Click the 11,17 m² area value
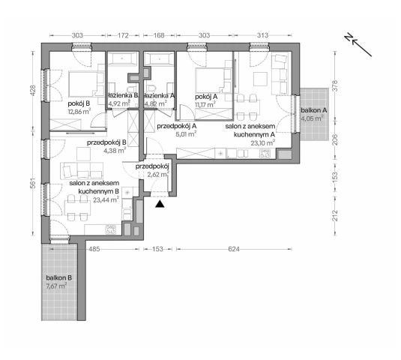tap(204, 105)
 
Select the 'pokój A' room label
tap(205, 96)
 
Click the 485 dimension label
tap(95, 249)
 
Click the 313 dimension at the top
tap(262, 34)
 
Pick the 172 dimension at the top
tap(124, 34)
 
